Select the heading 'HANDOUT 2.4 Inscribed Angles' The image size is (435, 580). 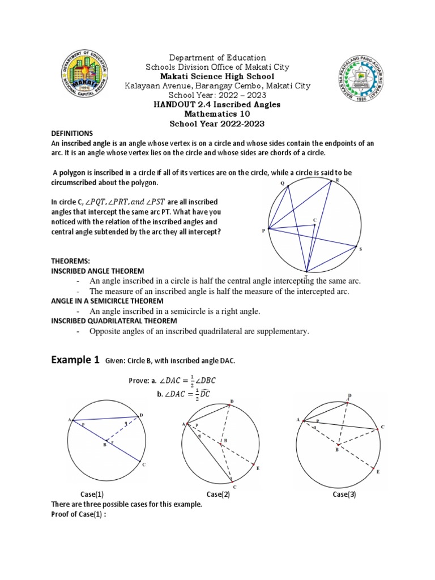tap(218, 104)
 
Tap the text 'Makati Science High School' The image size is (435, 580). tap(218, 76)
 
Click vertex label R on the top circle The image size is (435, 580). tap(338, 180)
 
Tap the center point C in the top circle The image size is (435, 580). tap(315, 221)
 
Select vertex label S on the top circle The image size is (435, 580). tap(360, 249)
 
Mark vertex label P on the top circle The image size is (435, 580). tap(263, 231)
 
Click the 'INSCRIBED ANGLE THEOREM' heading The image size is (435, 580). tap(97, 271)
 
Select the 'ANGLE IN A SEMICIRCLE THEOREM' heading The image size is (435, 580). tap(107, 301)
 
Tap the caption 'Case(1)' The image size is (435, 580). tap(92, 494)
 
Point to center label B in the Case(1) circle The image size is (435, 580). tap(104, 446)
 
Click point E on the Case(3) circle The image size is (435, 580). tap(377, 471)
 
